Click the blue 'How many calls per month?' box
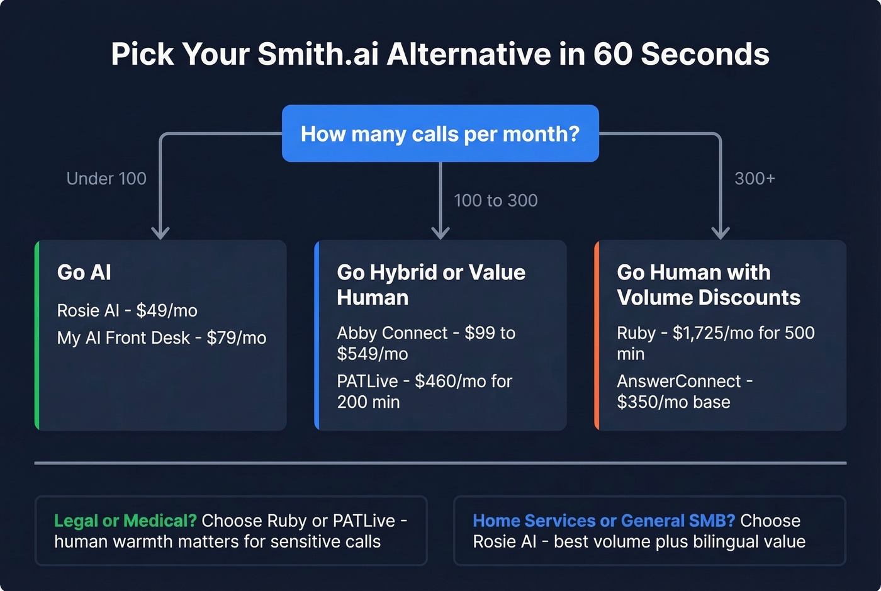(x=440, y=133)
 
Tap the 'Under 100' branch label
(x=106, y=179)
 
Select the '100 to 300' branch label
(x=496, y=201)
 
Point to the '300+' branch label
(x=755, y=179)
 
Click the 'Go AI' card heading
(x=84, y=273)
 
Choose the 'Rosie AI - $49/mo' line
(x=127, y=310)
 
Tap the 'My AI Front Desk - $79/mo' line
(x=162, y=338)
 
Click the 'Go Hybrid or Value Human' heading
(x=431, y=284)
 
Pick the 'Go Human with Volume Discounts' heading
(x=709, y=284)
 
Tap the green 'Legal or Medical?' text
(x=125, y=521)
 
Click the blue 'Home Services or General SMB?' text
(x=603, y=521)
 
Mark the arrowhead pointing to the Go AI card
(x=160, y=233)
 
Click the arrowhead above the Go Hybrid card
(x=441, y=233)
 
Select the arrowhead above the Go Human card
(x=721, y=233)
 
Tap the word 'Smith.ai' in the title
(x=318, y=54)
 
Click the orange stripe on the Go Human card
(x=597, y=335)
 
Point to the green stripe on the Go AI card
(x=37, y=335)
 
